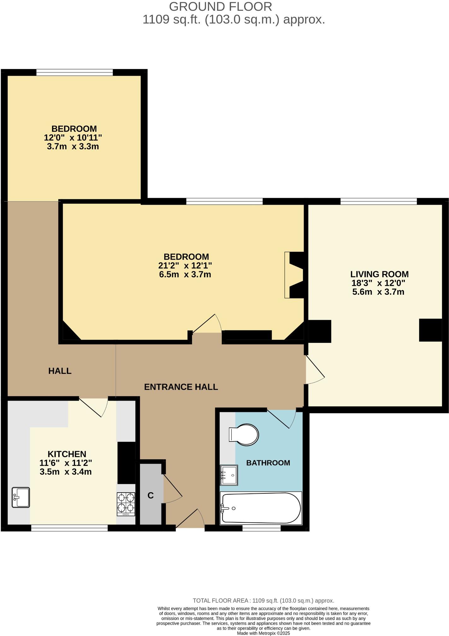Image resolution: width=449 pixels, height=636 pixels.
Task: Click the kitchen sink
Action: tap(21, 498)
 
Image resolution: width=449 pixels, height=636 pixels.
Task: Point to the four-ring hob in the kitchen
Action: tap(126, 504)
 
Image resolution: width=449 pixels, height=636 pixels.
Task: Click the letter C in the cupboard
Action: tap(150, 496)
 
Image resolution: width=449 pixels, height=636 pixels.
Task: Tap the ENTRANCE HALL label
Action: tap(181, 387)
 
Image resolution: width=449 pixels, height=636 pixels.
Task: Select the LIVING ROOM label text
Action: tap(379, 274)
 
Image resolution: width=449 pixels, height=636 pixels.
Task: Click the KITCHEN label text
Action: tap(67, 454)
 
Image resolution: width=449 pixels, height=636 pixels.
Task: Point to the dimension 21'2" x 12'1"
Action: tap(185, 266)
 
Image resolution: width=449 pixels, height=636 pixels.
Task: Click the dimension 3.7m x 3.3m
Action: tap(73, 146)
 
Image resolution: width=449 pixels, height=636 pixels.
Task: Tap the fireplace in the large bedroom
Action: tap(295, 275)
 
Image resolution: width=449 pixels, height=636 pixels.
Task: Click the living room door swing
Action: tap(314, 371)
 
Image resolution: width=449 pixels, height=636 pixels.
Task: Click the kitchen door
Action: tap(93, 407)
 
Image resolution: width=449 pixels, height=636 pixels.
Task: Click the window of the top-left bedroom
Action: tap(74, 73)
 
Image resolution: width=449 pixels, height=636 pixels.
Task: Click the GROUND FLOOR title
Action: tap(220, 7)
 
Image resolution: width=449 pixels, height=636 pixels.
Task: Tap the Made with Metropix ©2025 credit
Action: tap(263, 633)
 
